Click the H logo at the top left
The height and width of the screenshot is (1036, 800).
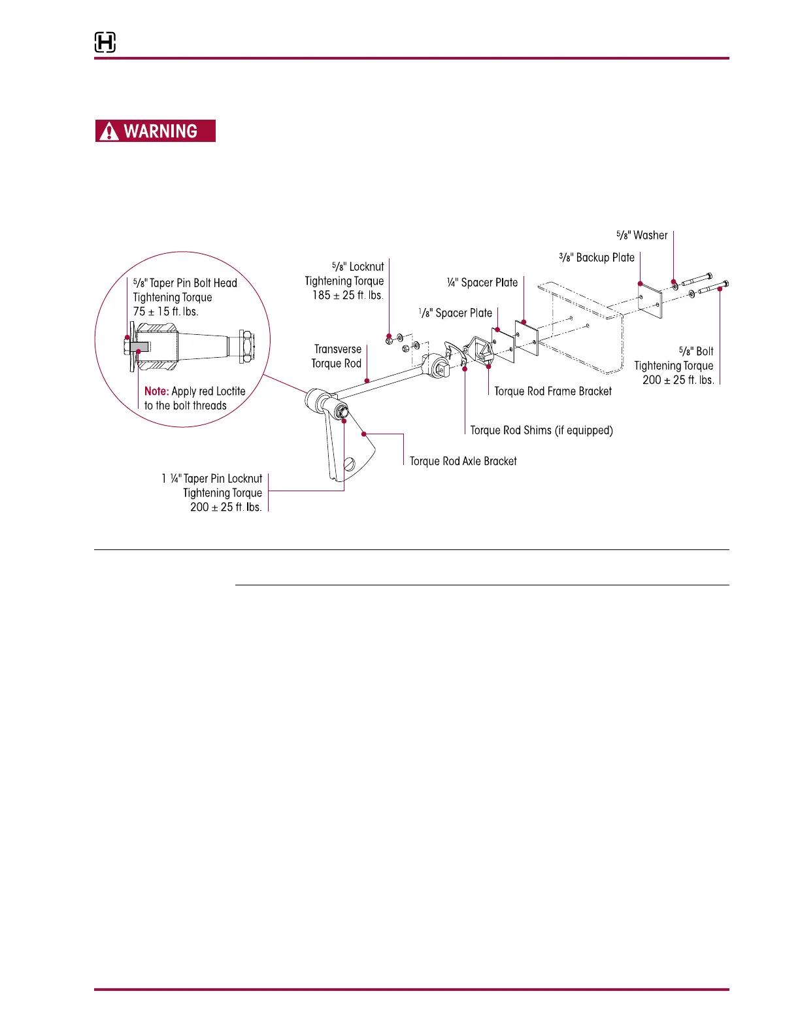(105, 43)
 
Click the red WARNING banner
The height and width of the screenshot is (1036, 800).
(156, 131)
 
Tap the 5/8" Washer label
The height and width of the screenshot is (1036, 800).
(642, 235)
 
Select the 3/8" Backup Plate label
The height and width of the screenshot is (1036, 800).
(597, 258)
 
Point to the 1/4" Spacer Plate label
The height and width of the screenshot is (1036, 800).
(482, 283)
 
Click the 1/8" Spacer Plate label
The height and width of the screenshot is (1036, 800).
(456, 313)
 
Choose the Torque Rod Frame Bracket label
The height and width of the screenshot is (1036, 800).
(553, 391)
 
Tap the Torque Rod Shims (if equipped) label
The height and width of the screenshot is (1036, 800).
(541, 430)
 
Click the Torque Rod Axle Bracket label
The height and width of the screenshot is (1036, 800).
(463, 461)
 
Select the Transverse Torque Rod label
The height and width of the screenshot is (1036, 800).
(337, 356)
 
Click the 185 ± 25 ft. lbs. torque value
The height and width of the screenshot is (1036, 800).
(347, 296)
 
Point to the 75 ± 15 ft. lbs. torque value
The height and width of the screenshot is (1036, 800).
(165, 312)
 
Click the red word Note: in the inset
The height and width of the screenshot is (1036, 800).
(156, 391)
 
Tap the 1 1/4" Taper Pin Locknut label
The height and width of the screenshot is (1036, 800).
(212, 479)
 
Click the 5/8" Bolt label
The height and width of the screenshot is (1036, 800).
(696, 351)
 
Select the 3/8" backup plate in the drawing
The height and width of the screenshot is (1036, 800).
(650, 300)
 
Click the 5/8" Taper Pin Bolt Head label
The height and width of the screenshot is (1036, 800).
(185, 283)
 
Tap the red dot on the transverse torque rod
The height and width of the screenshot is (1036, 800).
(367, 379)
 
